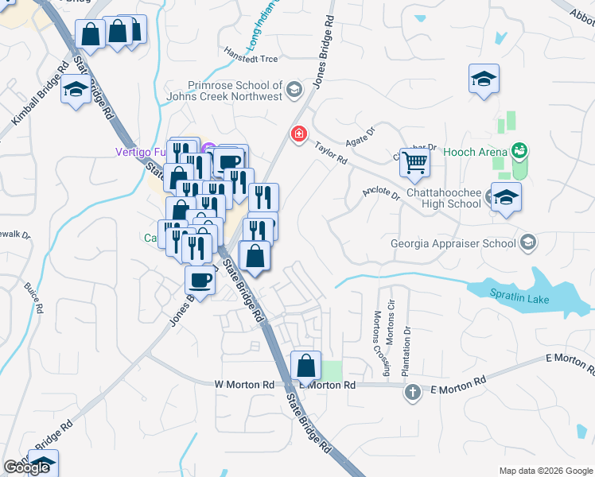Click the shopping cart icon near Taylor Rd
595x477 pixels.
pyautogui.click(x=415, y=163)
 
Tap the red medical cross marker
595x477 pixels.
pyautogui.click(x=299, y=134)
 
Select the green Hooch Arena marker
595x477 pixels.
pyautogui.click(x=520, y=150)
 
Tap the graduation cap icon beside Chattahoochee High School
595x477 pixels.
pyautogui.click(x=506, y=198)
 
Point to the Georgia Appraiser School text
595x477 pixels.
pyautogui.click(x=453, y=244)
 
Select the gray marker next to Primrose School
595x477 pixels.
pyautogui.click(x=295, y=89)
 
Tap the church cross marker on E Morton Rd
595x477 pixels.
pyautogui.click(x=413, y=392)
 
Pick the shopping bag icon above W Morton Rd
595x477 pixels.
pyautogui.click(x=306, y=366)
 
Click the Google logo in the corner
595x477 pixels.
pyautogui.click(x=27, y=467)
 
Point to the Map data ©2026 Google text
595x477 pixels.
pyautogui.click(x=545, y=471)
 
